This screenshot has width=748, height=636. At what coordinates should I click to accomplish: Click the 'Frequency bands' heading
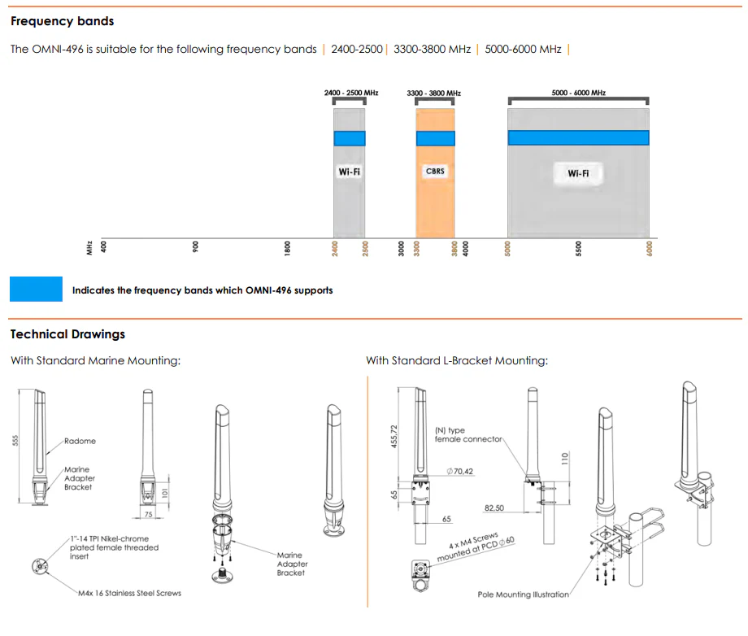coord(62,21)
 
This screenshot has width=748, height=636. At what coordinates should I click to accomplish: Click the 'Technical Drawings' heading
coord(67,334)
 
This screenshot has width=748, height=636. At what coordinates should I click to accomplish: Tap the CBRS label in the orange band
coord(435,172)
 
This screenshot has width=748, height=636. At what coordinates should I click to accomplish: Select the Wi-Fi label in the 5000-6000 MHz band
coord(578,173)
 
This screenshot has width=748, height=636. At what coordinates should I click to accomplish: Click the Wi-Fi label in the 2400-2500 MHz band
coord(349,172)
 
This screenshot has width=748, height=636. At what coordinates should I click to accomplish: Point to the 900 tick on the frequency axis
coord(195,248)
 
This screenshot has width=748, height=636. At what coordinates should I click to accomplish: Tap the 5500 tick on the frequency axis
coord(578,248)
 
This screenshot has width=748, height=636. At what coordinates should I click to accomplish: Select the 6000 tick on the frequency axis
coord(649,248)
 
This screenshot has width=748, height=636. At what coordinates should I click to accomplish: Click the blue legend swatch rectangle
coord(36,290)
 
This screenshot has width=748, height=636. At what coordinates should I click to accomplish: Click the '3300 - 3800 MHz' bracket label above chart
coord(433,94)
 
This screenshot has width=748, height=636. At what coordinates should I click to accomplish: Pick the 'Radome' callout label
coord(80,441)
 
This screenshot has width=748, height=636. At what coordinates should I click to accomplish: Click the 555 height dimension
coord(15,440)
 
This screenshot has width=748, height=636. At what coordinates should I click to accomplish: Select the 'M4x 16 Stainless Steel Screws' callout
coord(129,593)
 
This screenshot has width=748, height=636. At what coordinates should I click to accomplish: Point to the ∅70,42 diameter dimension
coord(460,471)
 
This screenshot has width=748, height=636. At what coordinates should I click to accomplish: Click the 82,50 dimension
coord(494,507)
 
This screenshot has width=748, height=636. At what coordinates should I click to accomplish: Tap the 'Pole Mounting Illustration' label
coord(523,595)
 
